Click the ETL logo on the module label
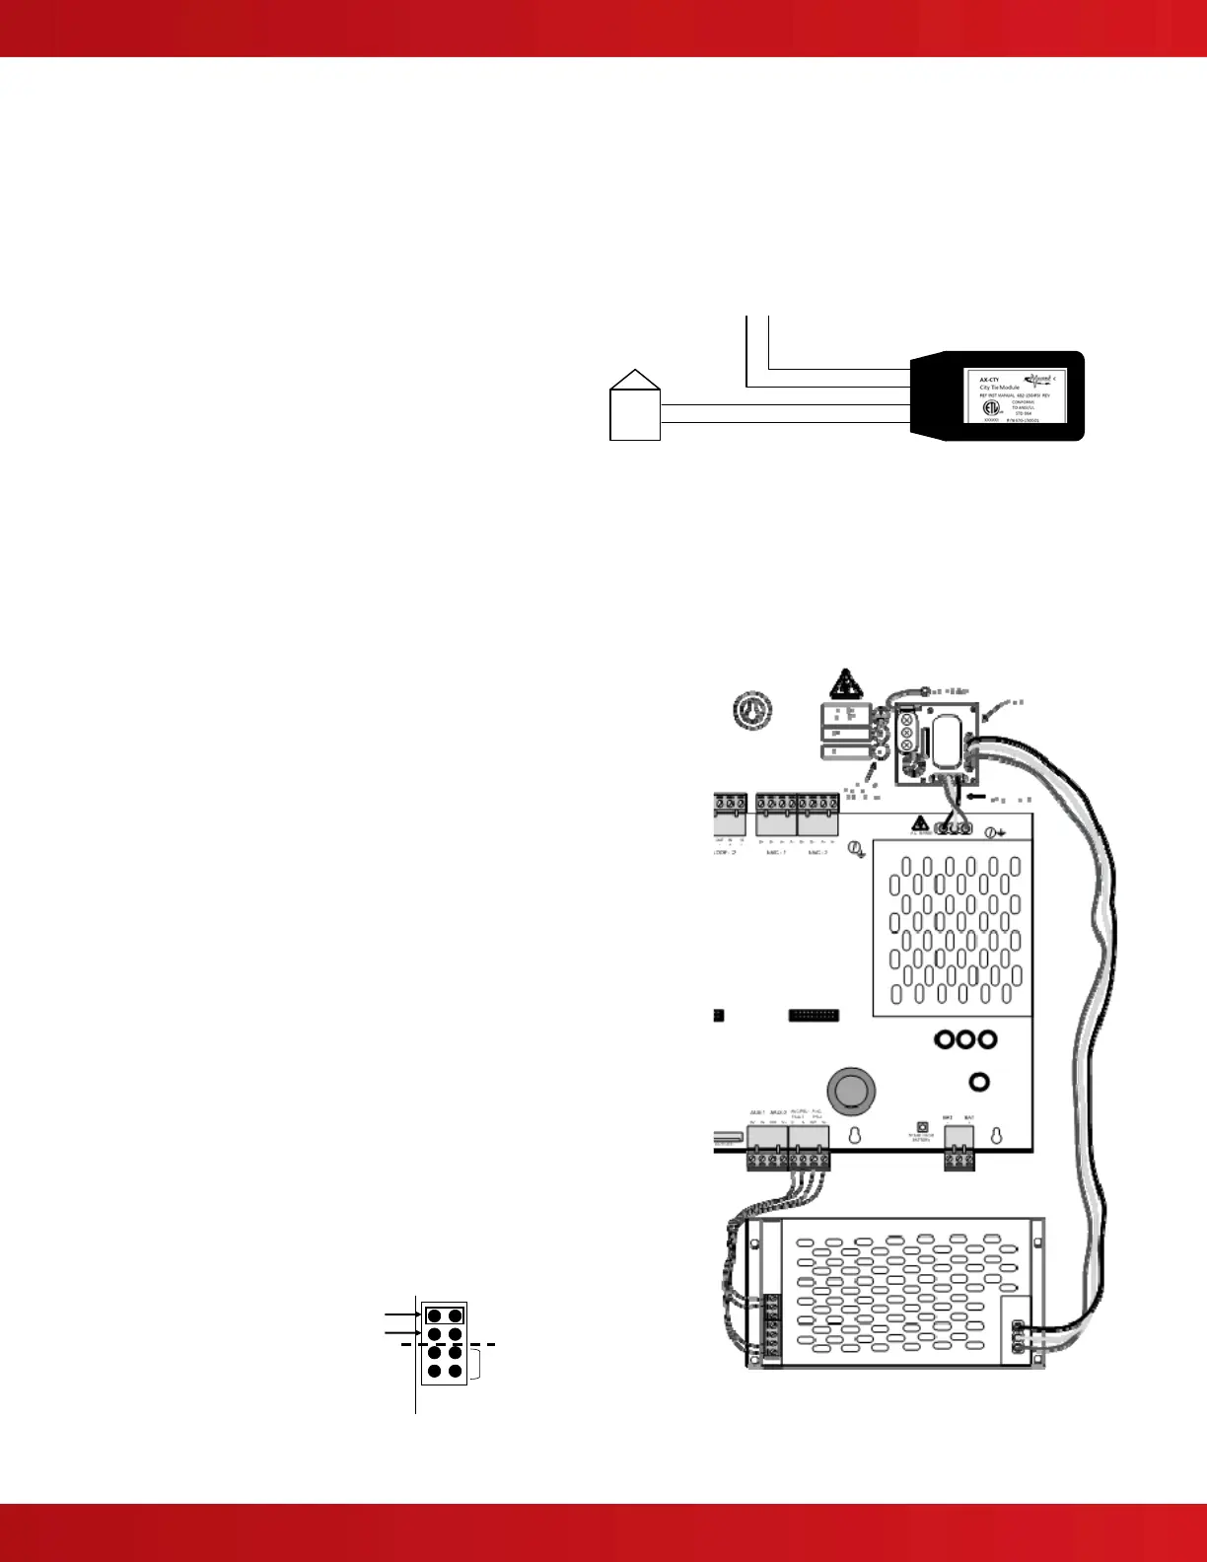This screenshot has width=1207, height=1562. tap(991, 407)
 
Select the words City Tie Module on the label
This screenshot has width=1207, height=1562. tap(999, 388)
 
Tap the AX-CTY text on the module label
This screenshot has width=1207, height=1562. tap(989, 379)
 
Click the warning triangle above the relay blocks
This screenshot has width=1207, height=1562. tap(845, 682)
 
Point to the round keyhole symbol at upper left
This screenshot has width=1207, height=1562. tap(753, 710)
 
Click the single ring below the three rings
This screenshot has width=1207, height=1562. tap(980, 1083)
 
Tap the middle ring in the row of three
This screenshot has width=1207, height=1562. tap(964, 1039)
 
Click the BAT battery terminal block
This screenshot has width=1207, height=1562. tap(958, 1152)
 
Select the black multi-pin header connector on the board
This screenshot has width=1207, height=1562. tap(814, 1015)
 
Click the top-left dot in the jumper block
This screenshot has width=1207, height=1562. tap(434, 1315)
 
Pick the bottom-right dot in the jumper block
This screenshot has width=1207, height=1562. tap(455, 1371)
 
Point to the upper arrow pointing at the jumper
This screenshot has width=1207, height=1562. tap(402, 1314)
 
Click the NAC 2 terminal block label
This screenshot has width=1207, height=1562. tap(818, 851)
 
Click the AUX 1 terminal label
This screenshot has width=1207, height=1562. tap(757, 1111)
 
